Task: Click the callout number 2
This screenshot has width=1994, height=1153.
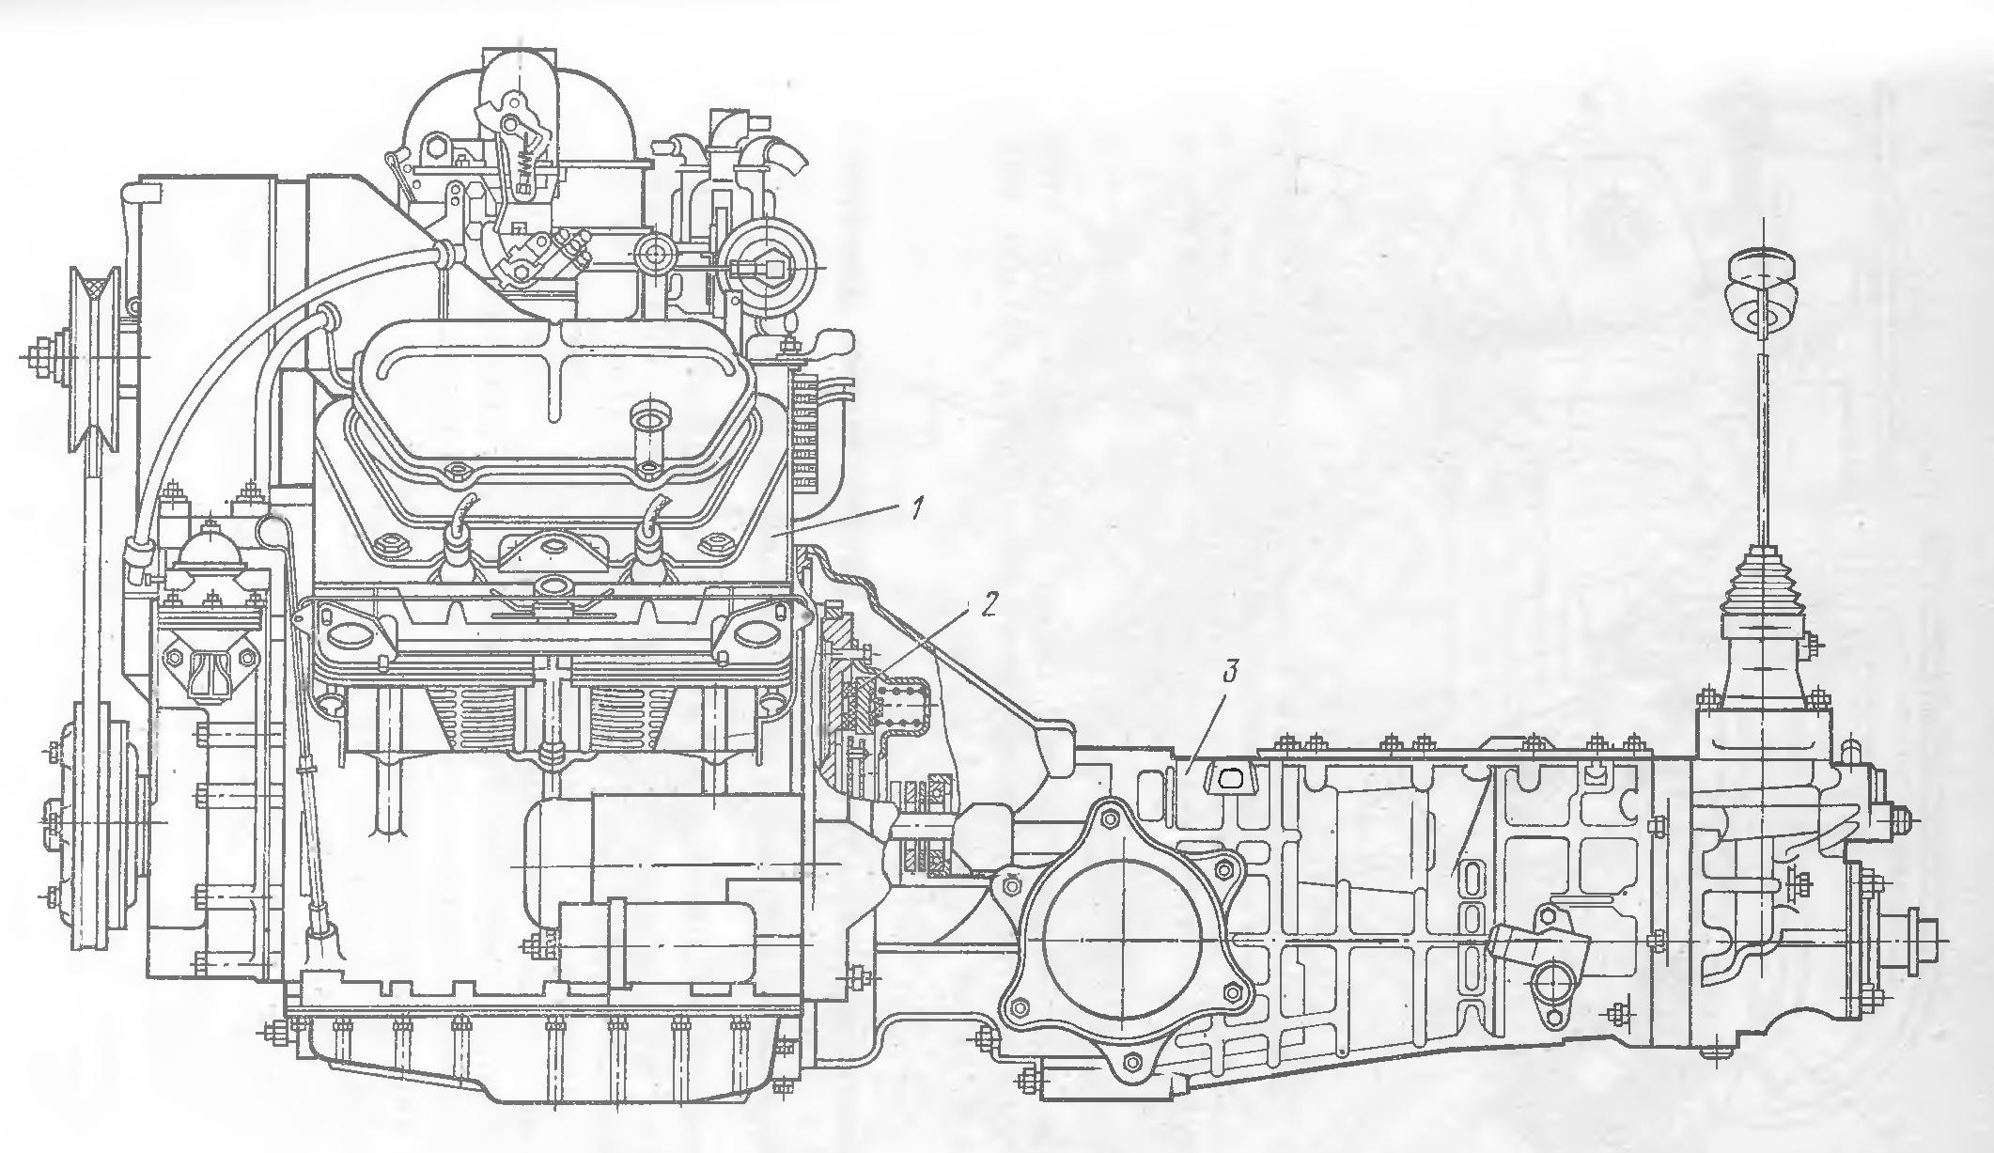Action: click(x=988, y=605)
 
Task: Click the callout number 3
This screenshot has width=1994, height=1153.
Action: click(x=1231, y=674)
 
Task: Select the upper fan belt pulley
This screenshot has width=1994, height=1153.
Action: click(x=94, y=359)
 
